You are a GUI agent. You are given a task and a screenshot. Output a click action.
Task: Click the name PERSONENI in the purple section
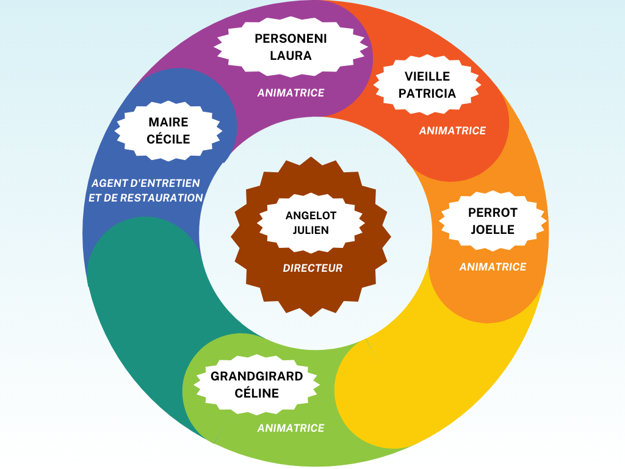point(291,38)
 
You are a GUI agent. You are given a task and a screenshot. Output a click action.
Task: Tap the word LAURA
point(291,56)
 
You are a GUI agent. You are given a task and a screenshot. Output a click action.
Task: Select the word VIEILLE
point(427,76)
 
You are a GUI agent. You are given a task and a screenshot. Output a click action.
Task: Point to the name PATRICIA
point(427,93)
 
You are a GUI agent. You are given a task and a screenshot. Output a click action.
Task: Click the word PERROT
point(493,213)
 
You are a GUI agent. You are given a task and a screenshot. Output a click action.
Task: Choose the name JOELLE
point(493,230)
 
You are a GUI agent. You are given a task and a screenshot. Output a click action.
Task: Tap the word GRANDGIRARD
point(256,376)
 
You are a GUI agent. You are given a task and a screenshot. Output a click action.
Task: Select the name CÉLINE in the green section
point(256,393)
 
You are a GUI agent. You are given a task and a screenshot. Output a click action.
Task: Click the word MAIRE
point(168,122)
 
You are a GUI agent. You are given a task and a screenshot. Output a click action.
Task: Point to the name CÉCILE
point(168,139)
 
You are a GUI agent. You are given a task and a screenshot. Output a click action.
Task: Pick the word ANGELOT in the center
point(311,216)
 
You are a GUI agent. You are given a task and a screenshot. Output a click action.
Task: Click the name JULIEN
point(311,230)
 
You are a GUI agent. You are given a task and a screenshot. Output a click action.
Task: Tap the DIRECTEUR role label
point(312,268)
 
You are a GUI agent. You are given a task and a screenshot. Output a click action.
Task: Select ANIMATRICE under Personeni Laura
point(291,93)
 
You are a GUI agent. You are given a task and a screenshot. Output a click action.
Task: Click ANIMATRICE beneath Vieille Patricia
point(452,131)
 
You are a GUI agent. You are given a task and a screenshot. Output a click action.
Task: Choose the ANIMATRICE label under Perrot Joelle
point(493,267)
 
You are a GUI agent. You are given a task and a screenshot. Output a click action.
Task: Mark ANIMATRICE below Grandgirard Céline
point(291,428)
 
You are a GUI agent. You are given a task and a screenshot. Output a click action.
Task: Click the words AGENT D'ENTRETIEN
point(146,183)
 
